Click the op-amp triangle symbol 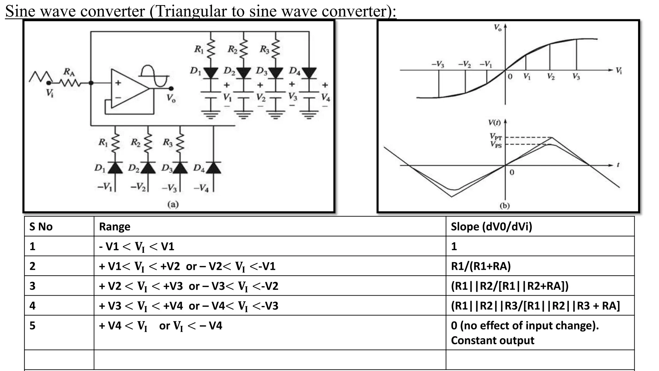click(x=129, y=89)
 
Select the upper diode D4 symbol click(x=309, y=73)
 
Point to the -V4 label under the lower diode click(x=201, y=188)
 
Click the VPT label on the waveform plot click(x=496, y=137)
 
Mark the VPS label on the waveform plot click(x=496, y=145)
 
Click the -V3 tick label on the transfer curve click(x=438, y=64)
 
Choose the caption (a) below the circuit click(x=173, y=204)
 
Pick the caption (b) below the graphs click(x=505, y=205)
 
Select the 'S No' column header click(x=41, y=227)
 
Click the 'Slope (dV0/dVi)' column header click(x=491, y=227)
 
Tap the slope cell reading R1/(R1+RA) click(x=481, y=266)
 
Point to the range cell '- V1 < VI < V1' click(x=136, y=247)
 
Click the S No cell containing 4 click(x=32, y=306)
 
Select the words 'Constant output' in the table click(x=492, y=340)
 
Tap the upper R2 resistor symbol click(x=243, y=49)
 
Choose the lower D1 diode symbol click(x=115, y=168)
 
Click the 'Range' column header click(x=115, y=227)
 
